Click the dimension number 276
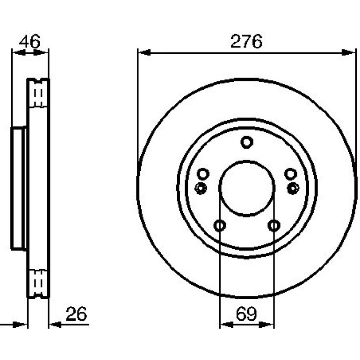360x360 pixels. point(246,42)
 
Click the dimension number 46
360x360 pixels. point(29,42)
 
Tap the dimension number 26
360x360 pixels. point(76,314)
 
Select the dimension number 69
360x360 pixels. point(246,314)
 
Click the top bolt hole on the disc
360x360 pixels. point(247,142)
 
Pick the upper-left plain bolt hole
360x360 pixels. point(203,174)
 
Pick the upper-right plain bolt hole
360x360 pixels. point(291,174)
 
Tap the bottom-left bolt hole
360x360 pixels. point(220,225)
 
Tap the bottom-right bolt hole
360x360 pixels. point(274,225)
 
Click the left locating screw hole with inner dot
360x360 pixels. point(201,188)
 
